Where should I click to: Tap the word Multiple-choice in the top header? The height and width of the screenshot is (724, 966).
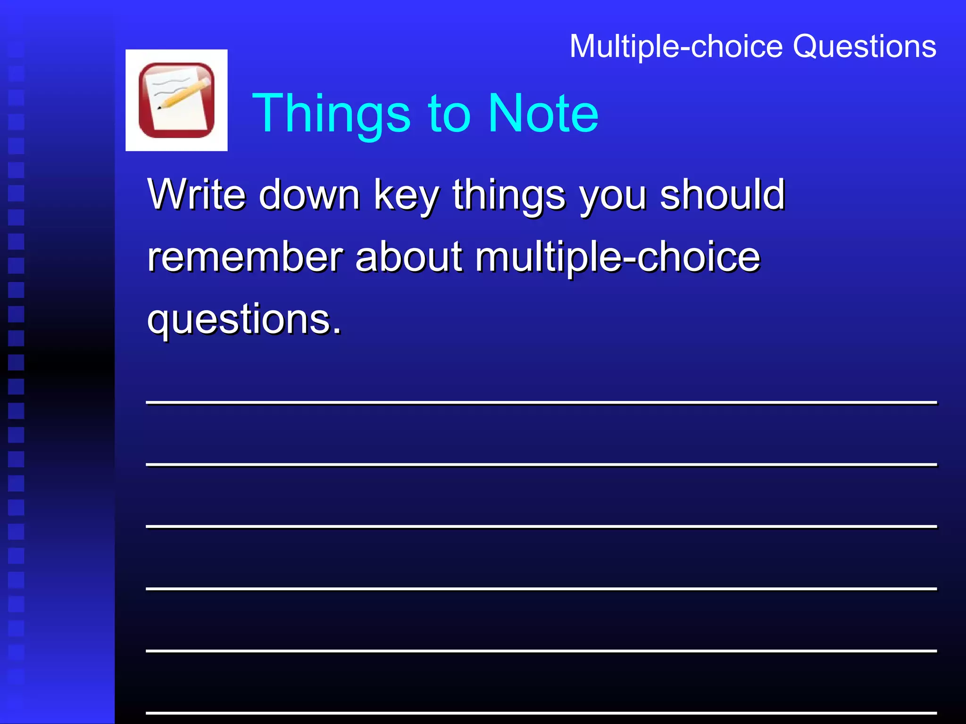[676, 47]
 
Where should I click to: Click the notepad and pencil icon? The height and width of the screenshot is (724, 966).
[176, 100]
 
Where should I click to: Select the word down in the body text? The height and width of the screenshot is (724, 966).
[309, 195]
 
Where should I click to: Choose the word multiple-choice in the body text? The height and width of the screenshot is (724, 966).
[617, 258]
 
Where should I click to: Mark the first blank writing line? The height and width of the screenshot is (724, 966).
[541, 402]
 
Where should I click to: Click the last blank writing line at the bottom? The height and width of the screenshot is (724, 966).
[541, 712]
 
